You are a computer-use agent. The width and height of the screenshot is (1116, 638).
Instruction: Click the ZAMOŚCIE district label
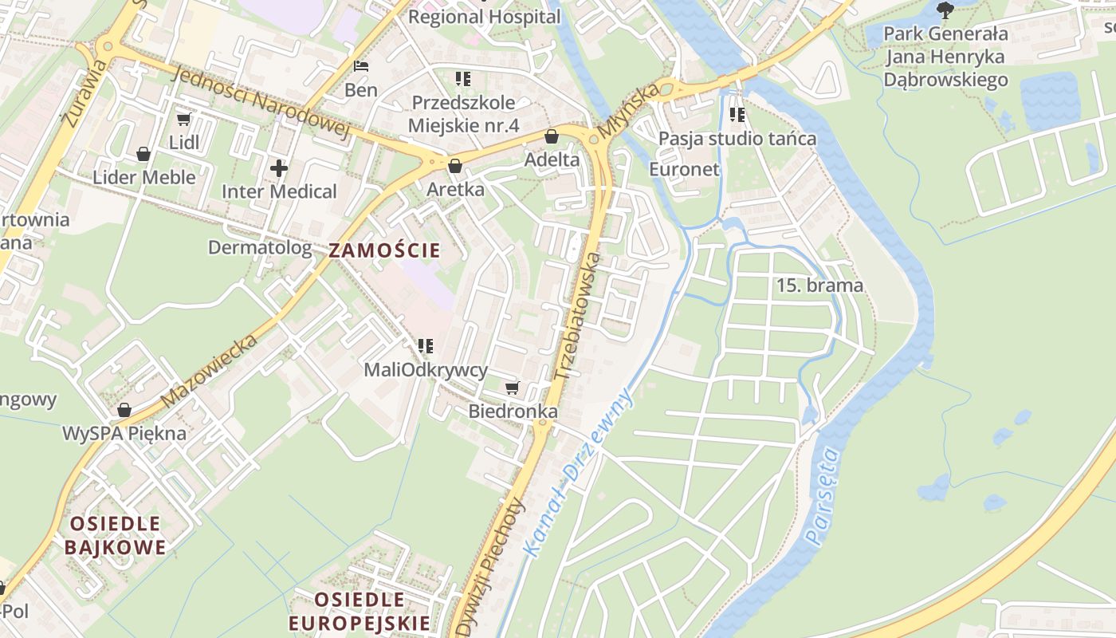click(x=384, y=250)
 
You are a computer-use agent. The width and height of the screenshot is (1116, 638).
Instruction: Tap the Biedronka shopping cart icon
click(x=512, y=388)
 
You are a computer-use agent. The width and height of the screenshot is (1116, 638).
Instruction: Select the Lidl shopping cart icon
click(x=183, y=120)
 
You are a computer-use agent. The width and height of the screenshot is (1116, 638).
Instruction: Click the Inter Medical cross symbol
click(x=278, y=168)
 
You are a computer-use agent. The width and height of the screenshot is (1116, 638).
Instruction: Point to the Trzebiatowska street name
click(x=577, y=316)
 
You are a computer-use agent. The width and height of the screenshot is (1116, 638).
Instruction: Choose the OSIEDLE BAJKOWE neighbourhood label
click(x=116, y=535)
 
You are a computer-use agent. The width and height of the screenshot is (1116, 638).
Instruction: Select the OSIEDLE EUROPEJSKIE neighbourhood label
click(x=359, y=611)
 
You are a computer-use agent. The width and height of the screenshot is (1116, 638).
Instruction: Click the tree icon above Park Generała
click(x=945, y=10)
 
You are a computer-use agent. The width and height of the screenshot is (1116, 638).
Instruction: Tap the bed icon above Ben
click(x=361, y=66)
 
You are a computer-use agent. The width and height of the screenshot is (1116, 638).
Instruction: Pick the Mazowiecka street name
click(x=209, y=370)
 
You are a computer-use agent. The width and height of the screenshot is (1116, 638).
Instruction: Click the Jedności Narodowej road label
click(x=261, y=101)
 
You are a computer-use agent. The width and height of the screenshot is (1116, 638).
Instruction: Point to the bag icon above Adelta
click(x=551, y=136)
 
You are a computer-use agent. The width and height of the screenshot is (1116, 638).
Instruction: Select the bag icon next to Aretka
click(x=455, y=166)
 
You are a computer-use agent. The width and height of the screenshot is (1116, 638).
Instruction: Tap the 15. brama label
click(x=819, y=286)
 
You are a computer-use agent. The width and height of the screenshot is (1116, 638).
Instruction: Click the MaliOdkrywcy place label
click(x=425, y=370)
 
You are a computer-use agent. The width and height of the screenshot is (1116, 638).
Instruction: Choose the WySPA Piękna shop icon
click(x=124, y=410)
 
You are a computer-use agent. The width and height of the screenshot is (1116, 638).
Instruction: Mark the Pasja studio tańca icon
click(x=737, y=115)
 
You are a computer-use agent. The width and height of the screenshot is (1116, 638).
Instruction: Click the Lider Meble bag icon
click(x=143, y=154)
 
